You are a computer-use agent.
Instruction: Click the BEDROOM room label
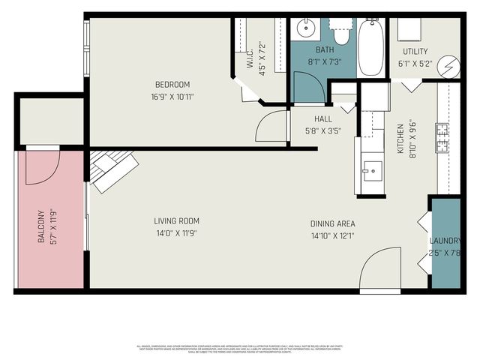(172, 84)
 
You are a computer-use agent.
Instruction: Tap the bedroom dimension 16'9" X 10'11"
(172, 96)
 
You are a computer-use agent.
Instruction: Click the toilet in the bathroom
(342, 34)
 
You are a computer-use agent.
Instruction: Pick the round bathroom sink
(305, 31)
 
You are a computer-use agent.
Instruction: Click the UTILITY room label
(415, 52)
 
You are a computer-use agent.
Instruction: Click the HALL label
(323, 118)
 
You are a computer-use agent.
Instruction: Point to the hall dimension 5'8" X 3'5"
(323, 130)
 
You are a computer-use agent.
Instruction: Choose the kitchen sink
(370, 171)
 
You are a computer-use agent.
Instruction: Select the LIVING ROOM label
(176, 220)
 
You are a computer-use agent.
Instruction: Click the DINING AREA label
(333, 223)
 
